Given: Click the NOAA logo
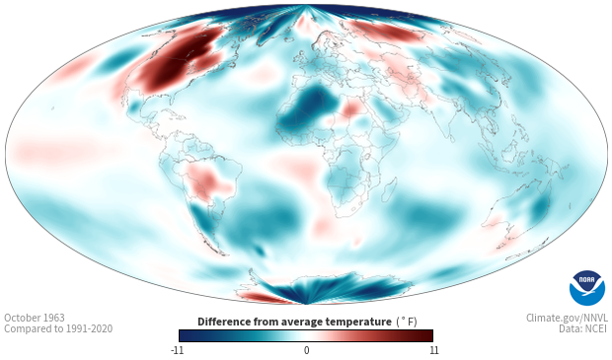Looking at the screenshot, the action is (x=587, y=287).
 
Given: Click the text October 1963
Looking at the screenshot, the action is (x=35, y=318).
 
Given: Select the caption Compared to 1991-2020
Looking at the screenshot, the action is (x=58, y=329).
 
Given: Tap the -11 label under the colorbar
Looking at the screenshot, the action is (x=177, y=350).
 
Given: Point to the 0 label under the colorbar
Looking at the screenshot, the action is (x=306, y=350).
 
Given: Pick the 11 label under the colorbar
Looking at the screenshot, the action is (x=433, y=350).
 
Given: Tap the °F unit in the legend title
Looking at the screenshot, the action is (x=407, y=323).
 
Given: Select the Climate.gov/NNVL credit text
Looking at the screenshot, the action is (x=567, y=318).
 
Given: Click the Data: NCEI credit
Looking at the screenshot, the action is (x=583, y=329).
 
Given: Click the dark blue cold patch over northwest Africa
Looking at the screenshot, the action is (x=308, y=108).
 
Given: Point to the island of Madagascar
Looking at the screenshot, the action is (x=388, y=189).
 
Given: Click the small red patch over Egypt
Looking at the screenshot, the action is (x=353, y=107).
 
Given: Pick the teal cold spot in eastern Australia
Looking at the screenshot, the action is (x=540, y=207).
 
